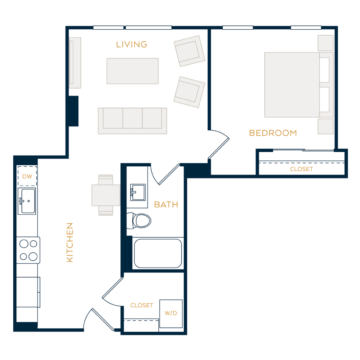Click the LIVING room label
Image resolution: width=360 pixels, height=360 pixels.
click(x=132, y=44)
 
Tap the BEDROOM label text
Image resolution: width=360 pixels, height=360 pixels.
click(x=273, y=133)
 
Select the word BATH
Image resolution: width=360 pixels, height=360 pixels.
click(x=166, y=204)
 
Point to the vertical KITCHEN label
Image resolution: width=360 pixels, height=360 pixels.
click(x=70, y=242)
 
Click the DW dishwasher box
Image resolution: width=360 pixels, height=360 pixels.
click(x=27, y=176)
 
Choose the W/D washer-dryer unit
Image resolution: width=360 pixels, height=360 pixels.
click(x=171, y=314)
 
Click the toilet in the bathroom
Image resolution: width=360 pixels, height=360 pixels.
click(x=139, y=221)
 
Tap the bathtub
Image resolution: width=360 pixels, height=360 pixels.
click(x=158, y=253)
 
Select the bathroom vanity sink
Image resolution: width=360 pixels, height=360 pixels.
click(x=138, y=192)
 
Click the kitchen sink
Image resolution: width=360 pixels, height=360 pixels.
click(x=27, y=201)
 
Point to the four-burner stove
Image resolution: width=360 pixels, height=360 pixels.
click(x=28, y=250)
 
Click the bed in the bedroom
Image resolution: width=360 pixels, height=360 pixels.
click(x=299, y=85)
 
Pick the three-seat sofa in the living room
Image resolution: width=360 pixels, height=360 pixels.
click(x=132, y=121)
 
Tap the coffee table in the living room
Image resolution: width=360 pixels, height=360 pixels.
click(x=133, y=71)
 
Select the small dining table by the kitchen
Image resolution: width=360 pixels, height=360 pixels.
click(x=106, y=195)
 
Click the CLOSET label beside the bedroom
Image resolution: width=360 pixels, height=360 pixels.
click(x=302, y=169)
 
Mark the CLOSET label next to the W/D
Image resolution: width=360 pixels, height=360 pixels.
click(x=142, y=305)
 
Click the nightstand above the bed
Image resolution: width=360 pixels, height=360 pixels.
click(x=326, y=43)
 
